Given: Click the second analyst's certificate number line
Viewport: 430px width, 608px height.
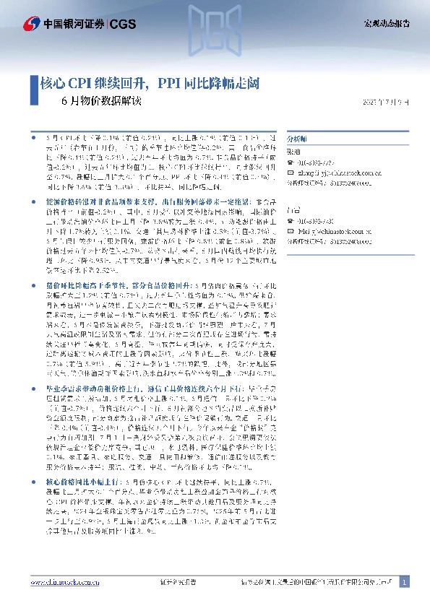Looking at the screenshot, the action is tap(325, 231).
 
